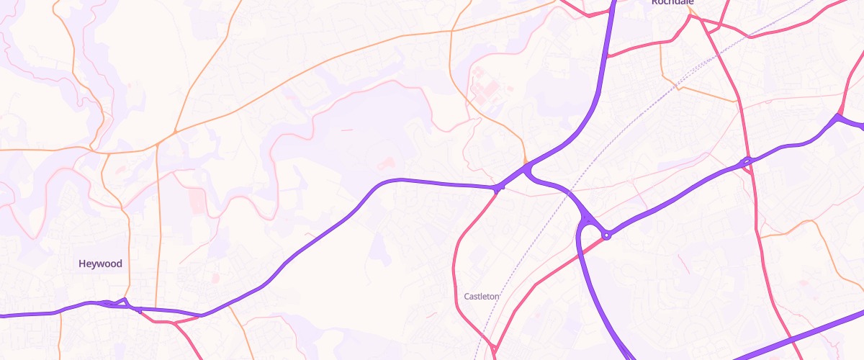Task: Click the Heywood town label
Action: tap(100, 264)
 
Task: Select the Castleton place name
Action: tap(482, 296)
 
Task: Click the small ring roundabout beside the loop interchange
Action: tap(607, 235)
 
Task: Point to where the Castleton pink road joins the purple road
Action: tap(498, 189)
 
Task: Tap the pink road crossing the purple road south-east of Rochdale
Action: tap(747, 161)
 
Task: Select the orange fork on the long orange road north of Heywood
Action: tap(175, 132)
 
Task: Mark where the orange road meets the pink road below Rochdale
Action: tap(736, 102)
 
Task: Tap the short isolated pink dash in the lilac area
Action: tap(346, 130)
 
